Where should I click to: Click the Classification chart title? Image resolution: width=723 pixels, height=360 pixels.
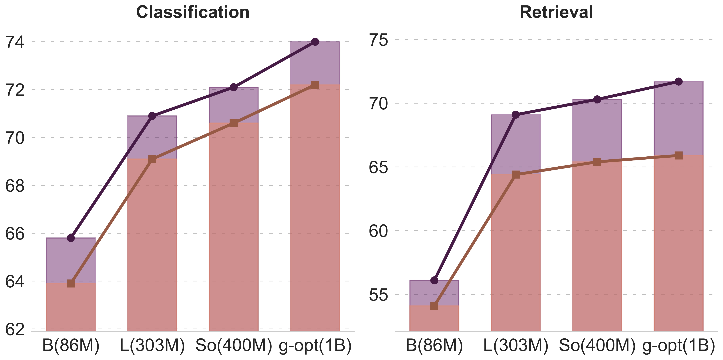(x=193, y=13)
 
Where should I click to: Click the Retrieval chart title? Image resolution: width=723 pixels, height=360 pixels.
(x=556, y=13)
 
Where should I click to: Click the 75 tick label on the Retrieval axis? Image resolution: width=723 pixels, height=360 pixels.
(x=378, y=40)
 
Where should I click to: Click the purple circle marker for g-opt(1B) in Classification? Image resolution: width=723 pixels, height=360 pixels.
(x=315, y=42)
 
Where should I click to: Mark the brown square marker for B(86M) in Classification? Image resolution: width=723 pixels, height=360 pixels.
(x=71, y=283)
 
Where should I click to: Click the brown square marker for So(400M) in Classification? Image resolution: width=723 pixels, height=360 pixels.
(x=234, y=123)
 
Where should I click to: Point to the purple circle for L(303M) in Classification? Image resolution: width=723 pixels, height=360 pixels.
(x=152, y=116)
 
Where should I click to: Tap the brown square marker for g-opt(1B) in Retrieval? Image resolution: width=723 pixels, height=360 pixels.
(x=679, y=155)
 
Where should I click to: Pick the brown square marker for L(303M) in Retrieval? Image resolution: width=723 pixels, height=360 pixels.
(x=516, y=174)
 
